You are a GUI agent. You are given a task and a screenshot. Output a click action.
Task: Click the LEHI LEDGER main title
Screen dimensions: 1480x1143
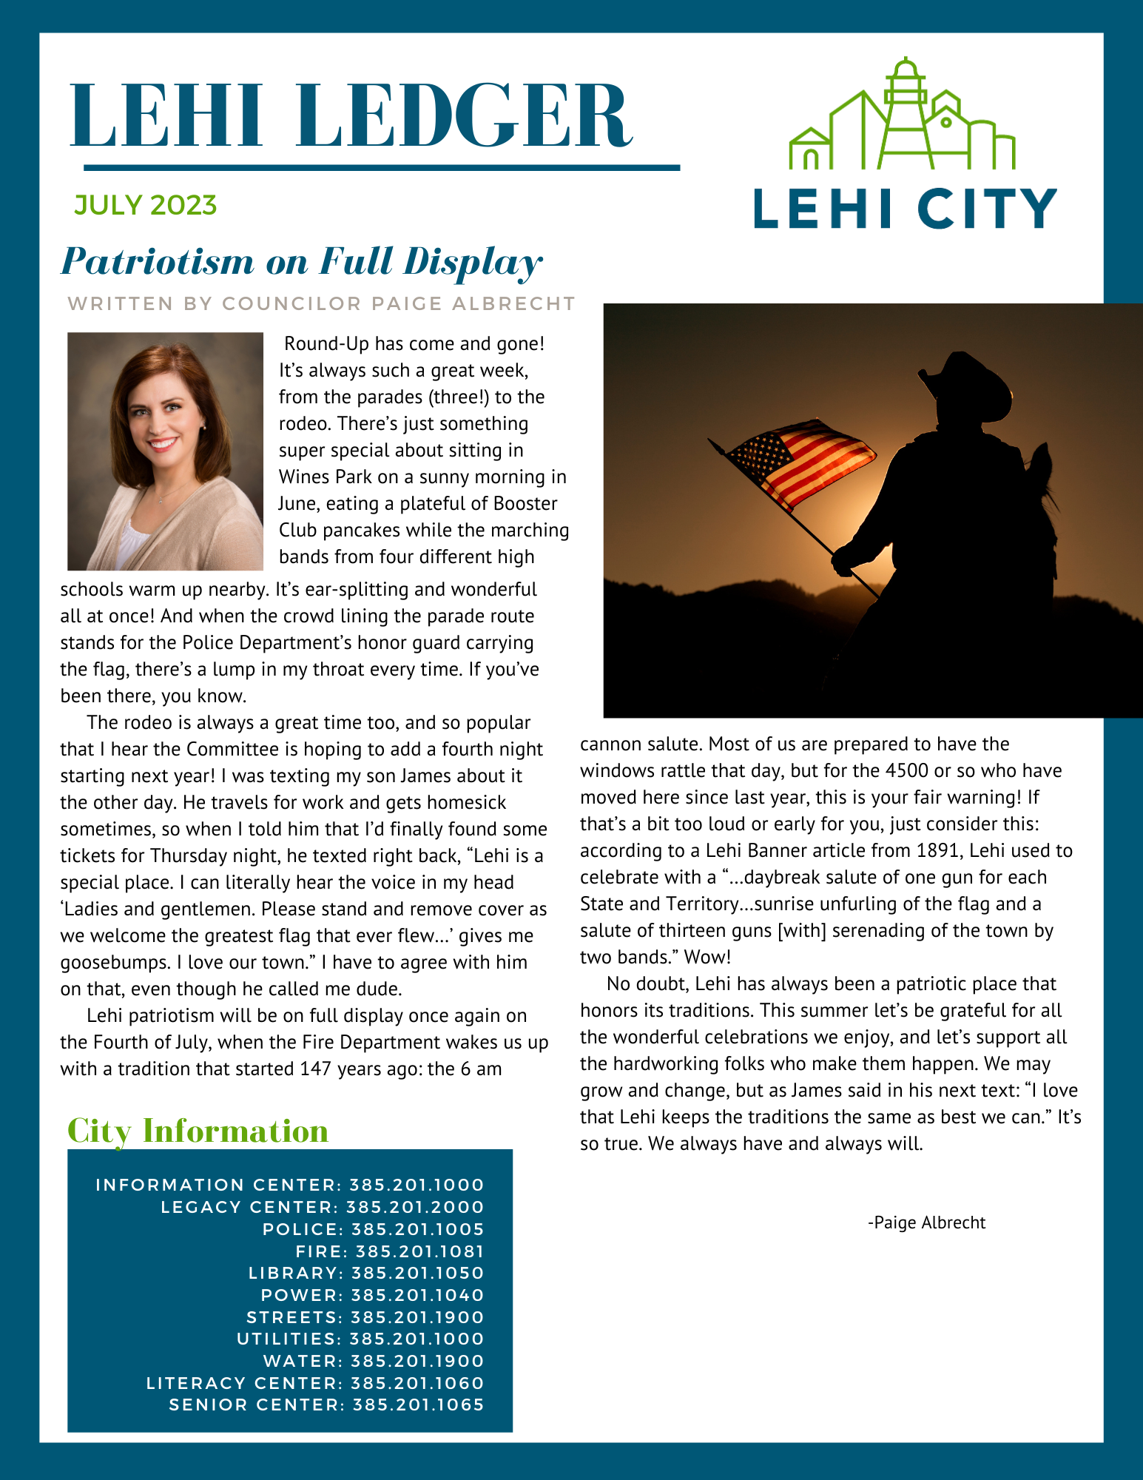point(351,117)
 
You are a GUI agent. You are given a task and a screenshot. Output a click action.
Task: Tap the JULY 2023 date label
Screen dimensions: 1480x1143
point(145,205)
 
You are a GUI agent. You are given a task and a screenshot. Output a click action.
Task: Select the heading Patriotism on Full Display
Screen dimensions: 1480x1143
point(302,262)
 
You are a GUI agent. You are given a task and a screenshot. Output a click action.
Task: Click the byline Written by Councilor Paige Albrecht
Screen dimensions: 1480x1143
point(321,303)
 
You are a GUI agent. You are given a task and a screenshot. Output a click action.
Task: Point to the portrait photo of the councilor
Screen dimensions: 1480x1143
point(165,451)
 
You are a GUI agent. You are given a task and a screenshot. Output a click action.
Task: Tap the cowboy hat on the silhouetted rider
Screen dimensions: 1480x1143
point(966,385)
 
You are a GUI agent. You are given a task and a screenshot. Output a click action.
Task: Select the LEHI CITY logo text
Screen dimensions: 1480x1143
point(904,209)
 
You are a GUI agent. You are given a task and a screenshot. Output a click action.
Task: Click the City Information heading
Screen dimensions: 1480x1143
point(198,1131)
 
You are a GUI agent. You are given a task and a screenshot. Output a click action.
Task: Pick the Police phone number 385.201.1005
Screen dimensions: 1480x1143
point(417,1229)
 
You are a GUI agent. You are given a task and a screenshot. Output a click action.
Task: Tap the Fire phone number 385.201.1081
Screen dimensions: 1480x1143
point(419,1251)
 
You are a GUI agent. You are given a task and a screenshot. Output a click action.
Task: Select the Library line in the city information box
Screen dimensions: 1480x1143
point(366,1273)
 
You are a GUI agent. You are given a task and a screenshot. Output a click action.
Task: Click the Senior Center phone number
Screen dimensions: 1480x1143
point(418,1405)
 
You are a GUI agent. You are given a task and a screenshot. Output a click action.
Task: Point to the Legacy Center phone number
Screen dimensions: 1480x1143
point(415,1207)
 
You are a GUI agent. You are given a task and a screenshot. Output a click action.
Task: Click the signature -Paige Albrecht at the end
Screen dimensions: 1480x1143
point(926,1222)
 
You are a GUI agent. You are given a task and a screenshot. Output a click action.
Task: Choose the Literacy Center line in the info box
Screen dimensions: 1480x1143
point(315,1383)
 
